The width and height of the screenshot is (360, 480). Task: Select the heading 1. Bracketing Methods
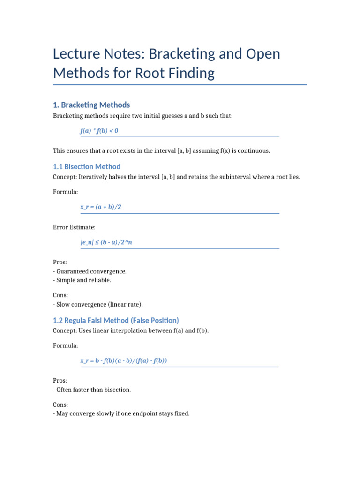[91, 105]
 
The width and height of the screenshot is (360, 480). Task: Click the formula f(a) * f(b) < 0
[99, 131]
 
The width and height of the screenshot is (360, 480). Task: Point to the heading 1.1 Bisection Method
[87, 166]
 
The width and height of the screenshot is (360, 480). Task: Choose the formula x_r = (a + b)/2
[101, 207]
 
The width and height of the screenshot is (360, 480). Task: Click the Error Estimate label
[74, 227]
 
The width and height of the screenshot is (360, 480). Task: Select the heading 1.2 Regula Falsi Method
[116, 320]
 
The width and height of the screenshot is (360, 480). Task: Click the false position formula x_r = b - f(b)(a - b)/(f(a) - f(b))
[124, 360]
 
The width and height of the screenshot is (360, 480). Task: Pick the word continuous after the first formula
[255, 151]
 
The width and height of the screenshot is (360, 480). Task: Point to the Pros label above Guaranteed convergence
[60, 262]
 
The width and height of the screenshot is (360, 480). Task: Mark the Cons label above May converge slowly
[60, 405]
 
